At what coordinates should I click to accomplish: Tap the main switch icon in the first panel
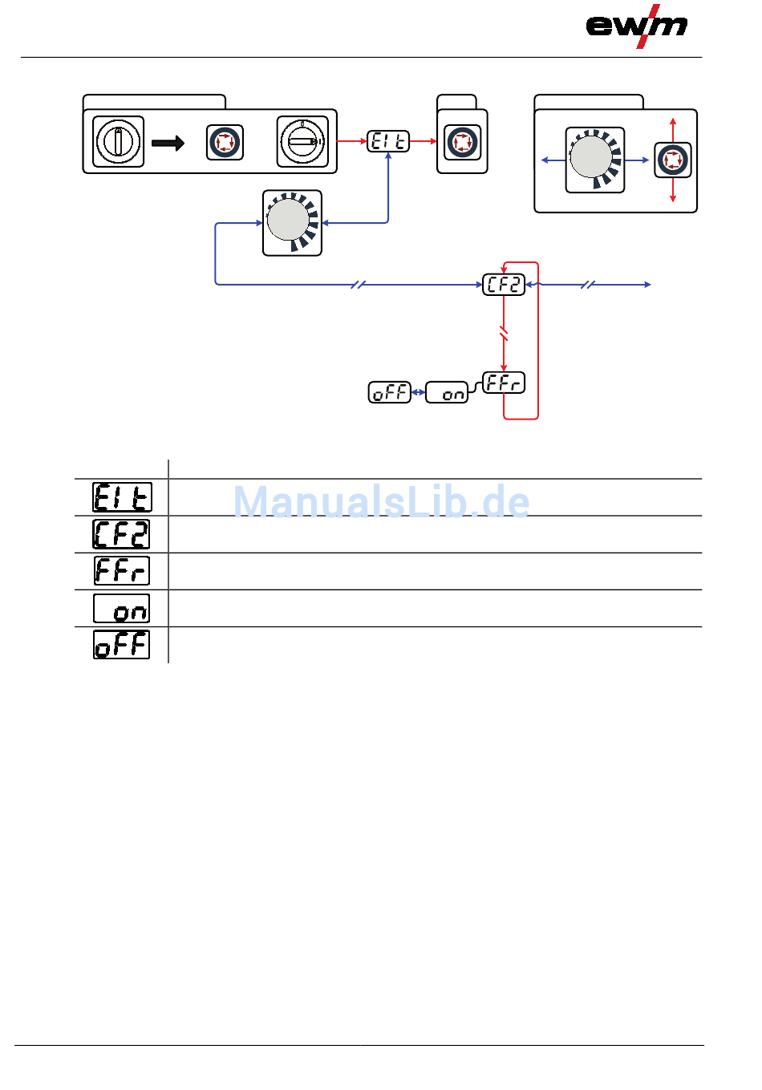(119, 142)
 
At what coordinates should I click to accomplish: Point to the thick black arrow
(168, 144)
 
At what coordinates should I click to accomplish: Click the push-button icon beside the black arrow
(225, 143)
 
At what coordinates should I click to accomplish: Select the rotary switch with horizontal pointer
(302, 142)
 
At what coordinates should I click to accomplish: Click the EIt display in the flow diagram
(388, 142)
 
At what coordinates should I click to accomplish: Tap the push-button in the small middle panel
(462, 143)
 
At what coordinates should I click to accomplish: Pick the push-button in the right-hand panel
(672, 160)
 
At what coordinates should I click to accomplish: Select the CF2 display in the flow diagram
(504, 285)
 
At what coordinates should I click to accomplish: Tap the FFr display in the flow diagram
(504, 383)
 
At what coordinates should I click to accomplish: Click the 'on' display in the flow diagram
(446, 393)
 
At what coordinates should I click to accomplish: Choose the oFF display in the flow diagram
(389, 392)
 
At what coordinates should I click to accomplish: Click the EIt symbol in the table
(122, 497)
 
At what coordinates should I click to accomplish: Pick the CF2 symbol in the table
(122, 534)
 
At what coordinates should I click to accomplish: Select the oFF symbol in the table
(122, 645)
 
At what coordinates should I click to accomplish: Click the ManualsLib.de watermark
(381, 502)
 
